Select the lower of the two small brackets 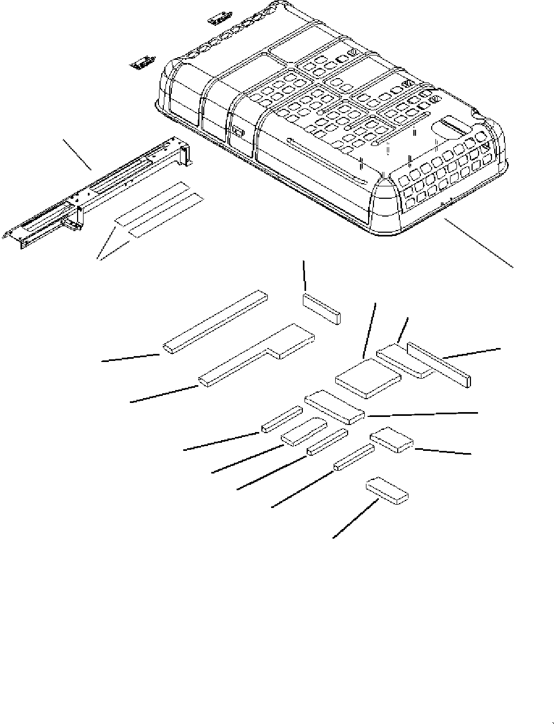coord(142,63)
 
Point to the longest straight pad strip coord(215,322)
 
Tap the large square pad coord(368,379)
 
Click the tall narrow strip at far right coord(440,364)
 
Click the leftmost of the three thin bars coord(281,419)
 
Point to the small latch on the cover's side coord(238,131)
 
